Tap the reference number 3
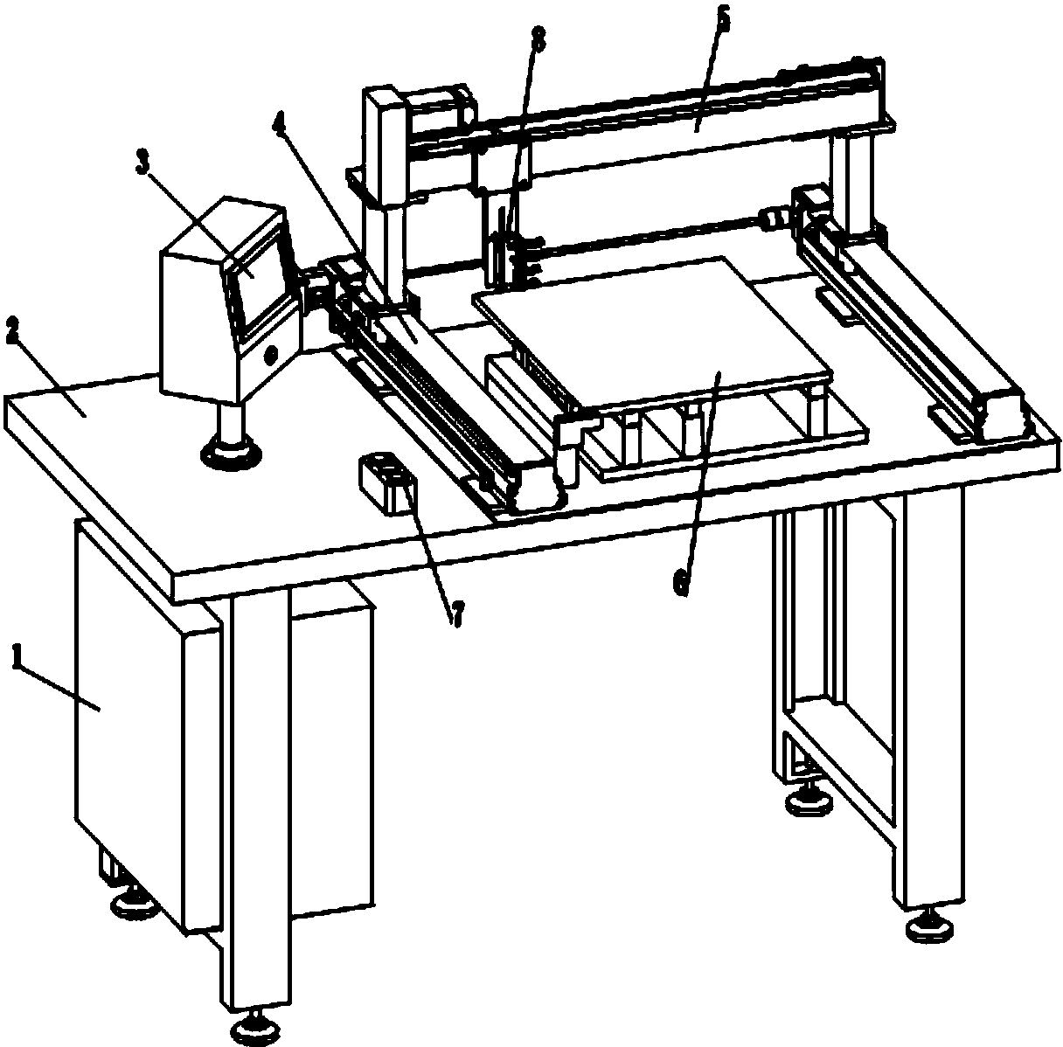coord(143,163)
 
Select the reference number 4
coord(281,121)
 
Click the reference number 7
coord(458,613)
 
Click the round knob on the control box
coord(271,355)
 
